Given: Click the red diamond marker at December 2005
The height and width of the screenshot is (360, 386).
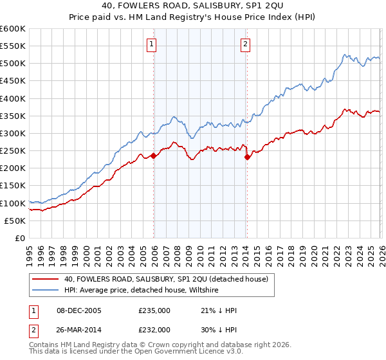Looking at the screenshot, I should click(x=154, y=156).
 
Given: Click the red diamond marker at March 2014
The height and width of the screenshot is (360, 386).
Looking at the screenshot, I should click(x=247, y=156).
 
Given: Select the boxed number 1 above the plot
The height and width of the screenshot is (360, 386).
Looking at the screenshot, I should click(x=152, y=44).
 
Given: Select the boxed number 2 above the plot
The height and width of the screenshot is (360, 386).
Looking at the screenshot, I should click(x=246, y=44).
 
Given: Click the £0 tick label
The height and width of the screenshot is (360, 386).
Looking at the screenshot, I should click(x=19, y=238).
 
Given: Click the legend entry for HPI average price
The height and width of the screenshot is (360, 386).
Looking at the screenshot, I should click(x=142, y=291).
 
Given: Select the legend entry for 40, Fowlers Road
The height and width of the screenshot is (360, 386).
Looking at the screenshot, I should click(x=170, y=279).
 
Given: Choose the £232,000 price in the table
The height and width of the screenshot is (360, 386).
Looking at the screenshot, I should click(x=154, y=329).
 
